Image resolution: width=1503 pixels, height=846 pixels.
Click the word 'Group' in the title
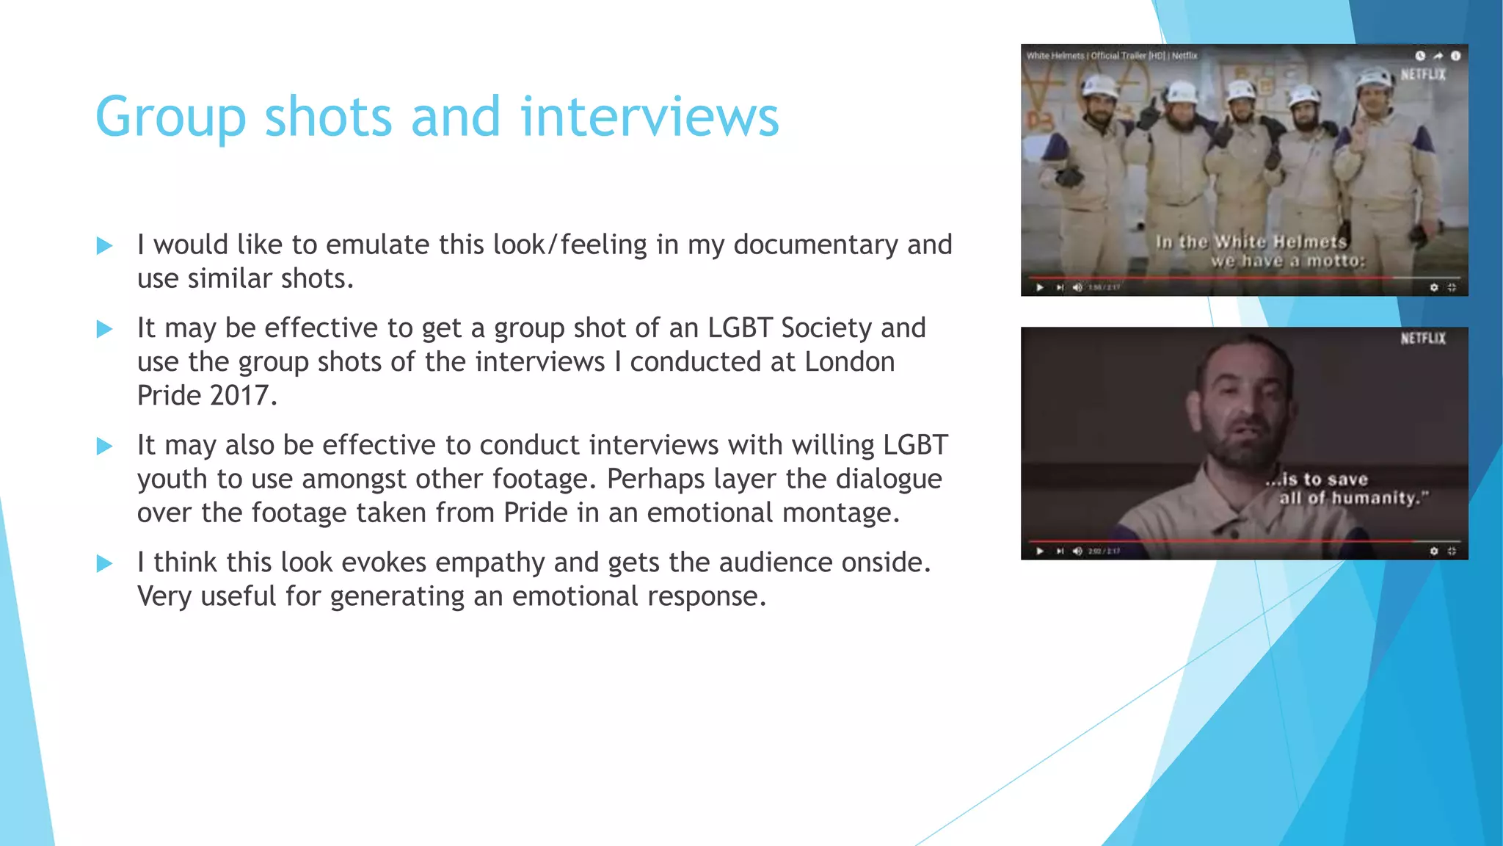pyautogui.click(x=170, y=117)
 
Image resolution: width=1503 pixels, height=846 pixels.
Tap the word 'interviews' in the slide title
pyautogui.click(x=649, y=117)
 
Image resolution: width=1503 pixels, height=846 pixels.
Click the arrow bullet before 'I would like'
pyautogui.click(x=105, y=246)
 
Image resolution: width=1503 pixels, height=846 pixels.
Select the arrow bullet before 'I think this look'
pyautogui.click(x=105, y=564)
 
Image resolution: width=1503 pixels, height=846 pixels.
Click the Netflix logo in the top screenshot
pyautogui.click(x=1422, y=74)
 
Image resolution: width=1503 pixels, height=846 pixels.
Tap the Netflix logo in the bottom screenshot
pyautogui.click(x=1422, y=338)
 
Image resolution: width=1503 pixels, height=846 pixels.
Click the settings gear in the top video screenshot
pyautogui.click(x=1434, y=287)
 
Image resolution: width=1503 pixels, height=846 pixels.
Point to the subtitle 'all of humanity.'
pyautogui.click(x=1354, y=498)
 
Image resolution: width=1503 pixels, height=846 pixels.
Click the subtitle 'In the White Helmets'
pyautogui.click(x=1251, y=242)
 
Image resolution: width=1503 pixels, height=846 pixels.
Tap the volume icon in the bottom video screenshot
pyautogui.click(x=1077, y=551)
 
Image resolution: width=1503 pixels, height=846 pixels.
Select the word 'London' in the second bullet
pyautogui.click(x=849, y=362)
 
